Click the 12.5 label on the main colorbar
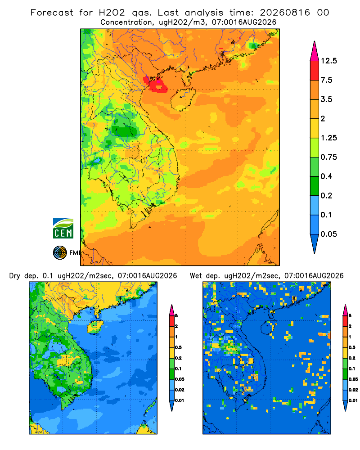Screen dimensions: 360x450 (x=328, y=61)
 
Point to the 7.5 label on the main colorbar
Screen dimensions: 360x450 (x=326, y=80)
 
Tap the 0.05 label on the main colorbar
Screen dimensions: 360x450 (x=328, y=234)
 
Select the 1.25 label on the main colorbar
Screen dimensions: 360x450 (x=328, y=138)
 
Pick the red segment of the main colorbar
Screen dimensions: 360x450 (x=315, y=71)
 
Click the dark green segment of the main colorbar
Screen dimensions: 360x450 (x=315, y=186)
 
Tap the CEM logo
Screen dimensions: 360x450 (x=63, y=229)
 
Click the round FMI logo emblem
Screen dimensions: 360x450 (x=60, y=253)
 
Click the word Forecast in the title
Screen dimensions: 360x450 (x=52, y=13)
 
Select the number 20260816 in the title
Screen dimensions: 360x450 (x=285, y=13)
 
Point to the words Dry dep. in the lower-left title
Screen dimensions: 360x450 (x=24, y=276)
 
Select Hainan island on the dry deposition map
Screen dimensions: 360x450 (x=95, y=327)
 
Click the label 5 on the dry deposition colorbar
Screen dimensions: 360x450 (x=176, y=316)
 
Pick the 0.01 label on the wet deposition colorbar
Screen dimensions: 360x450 (x=353, y=400)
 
